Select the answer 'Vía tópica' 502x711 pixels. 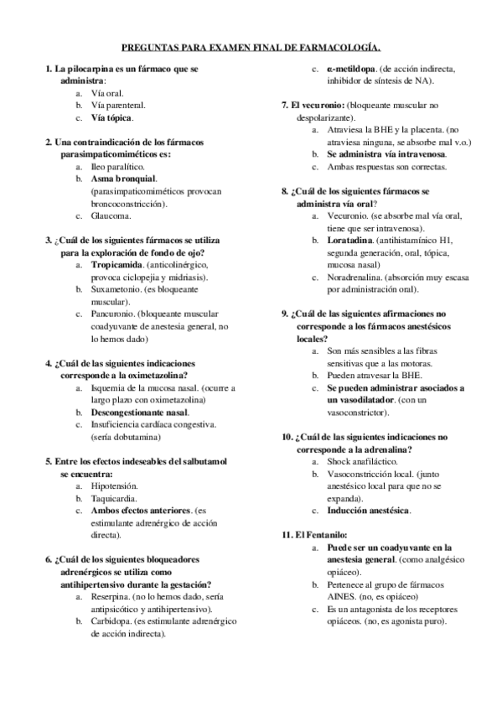(x=112, y=118)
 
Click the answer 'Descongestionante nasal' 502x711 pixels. (x=139, y=413)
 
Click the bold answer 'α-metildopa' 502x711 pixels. (x=352, y=68)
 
